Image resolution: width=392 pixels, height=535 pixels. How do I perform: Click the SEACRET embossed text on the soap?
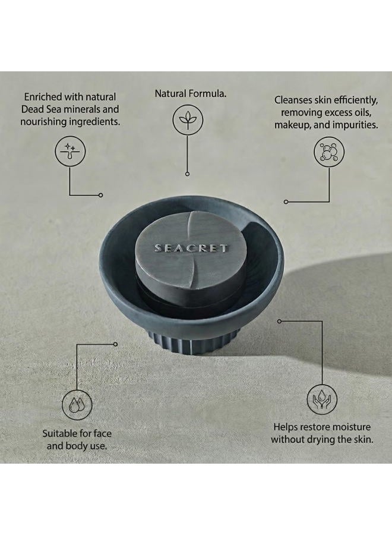click(x=191, y=248)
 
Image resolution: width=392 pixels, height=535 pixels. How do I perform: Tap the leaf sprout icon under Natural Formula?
click(x=188, y=119)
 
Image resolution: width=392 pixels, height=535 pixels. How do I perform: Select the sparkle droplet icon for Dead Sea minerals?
click(x=70, y=152)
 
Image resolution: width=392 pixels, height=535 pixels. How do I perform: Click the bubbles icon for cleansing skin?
click(x=329, y=152)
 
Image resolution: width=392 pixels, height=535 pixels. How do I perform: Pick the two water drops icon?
click(x=77, y=405)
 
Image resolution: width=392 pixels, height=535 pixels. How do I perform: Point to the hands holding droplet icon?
click(x=322, y=399)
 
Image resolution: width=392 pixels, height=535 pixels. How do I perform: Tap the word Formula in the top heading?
click(x=207, y=93)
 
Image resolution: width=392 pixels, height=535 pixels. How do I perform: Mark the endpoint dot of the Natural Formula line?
click(x=187, y=174)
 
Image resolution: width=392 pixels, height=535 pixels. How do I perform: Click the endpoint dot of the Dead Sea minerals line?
click(x=100, y=195)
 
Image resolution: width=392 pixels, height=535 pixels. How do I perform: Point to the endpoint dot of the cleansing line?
click(x=286, y=202)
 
